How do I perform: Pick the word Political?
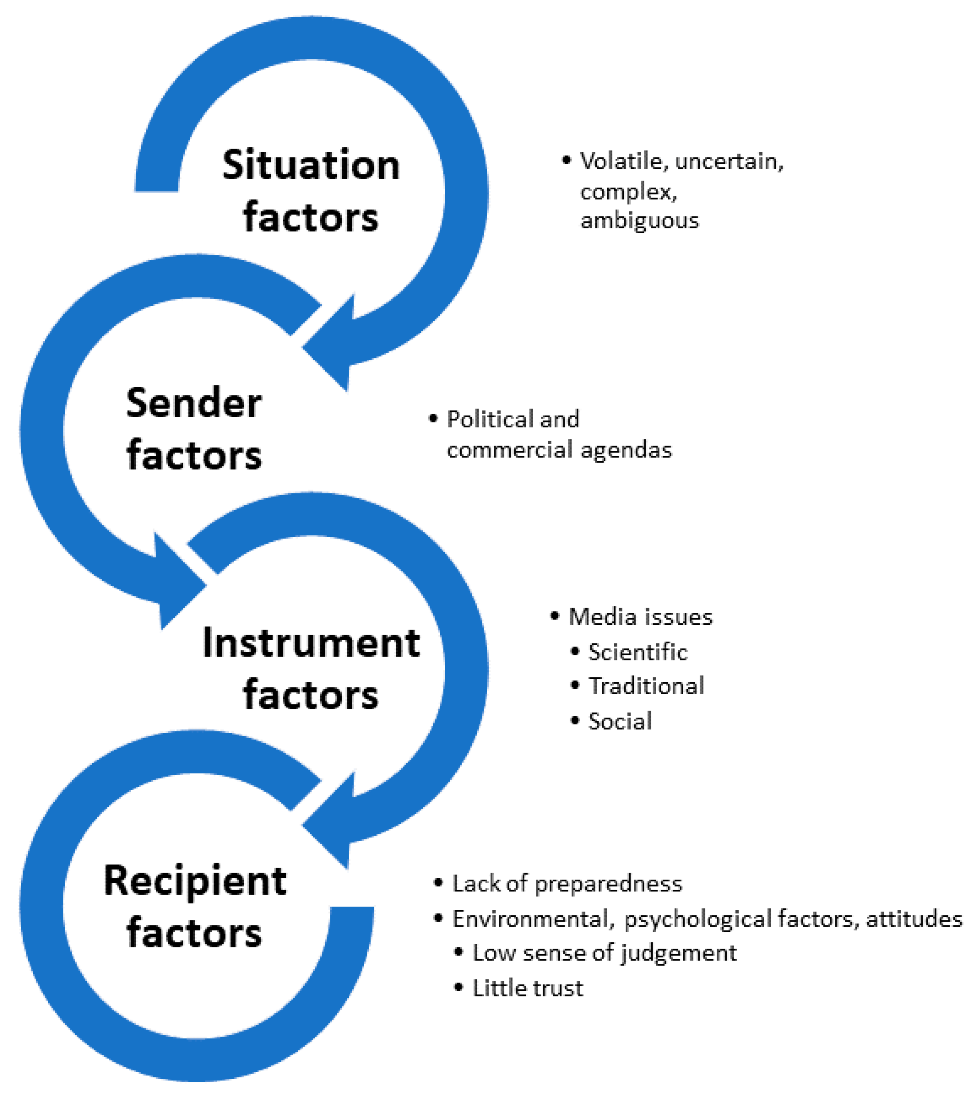point(490,419)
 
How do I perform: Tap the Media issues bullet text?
point(640,617)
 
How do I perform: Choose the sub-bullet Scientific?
point(638,653)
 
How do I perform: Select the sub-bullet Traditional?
point(646,686)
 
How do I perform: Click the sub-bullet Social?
point(620,722)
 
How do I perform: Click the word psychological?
point(698,919)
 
